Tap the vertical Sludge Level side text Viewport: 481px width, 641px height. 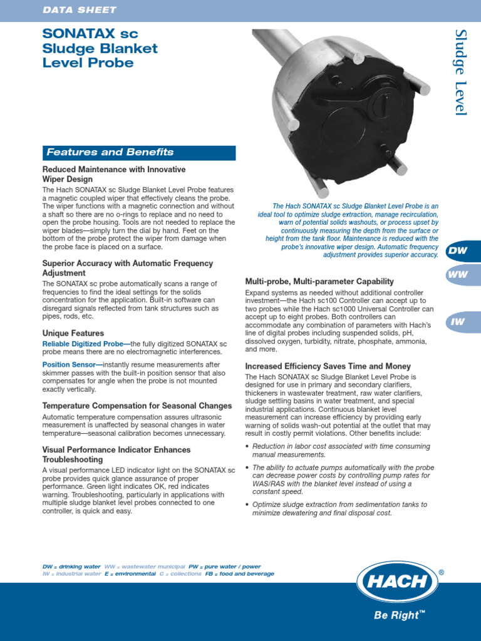[x=461, y=71]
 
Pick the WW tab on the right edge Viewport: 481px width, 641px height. [x=458, y=275]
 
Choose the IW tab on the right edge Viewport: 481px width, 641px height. [x=458, y=322]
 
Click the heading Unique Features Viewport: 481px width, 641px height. [x=73, y=333]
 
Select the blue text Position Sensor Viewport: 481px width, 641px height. [x=71, y=364]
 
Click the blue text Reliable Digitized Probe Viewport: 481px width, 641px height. [x=86, y=344]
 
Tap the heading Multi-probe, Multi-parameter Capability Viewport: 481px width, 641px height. [x=319, y=281]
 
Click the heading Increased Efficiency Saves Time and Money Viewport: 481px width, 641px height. [x=328, y=366]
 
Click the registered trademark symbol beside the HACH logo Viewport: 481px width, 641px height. [x=442, y=573]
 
